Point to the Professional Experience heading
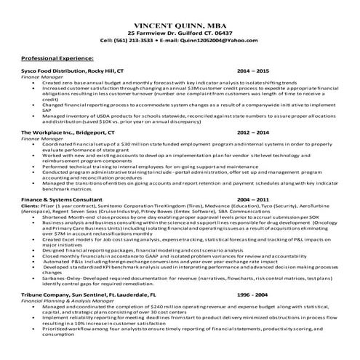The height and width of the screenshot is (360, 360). [57, 57]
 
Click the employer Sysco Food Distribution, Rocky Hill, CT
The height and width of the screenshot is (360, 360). [73, 71]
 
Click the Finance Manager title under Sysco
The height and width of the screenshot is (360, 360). [38, 77]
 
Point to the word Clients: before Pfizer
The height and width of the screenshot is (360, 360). [31, 206]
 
